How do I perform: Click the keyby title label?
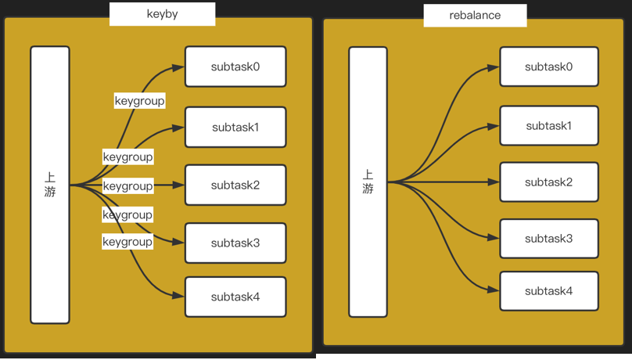162,14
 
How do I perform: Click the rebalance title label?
475,16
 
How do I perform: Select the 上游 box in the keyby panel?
50,185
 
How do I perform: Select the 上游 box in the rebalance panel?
368,182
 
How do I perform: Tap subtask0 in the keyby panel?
235,67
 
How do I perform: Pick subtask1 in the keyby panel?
235,127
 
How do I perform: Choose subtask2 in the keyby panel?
235,185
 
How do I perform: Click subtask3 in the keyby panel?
235,243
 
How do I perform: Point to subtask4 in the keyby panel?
235,297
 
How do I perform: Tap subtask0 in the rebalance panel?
549,67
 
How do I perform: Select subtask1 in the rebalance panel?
549,125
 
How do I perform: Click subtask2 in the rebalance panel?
549,182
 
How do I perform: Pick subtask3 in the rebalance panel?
549,239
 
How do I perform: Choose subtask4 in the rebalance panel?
549,291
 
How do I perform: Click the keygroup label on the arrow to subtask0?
139,101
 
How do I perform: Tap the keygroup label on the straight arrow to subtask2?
127,186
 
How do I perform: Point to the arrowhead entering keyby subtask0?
179,67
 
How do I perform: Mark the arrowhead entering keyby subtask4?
179,297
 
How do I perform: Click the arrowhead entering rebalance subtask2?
494,182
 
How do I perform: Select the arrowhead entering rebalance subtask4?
494,291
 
